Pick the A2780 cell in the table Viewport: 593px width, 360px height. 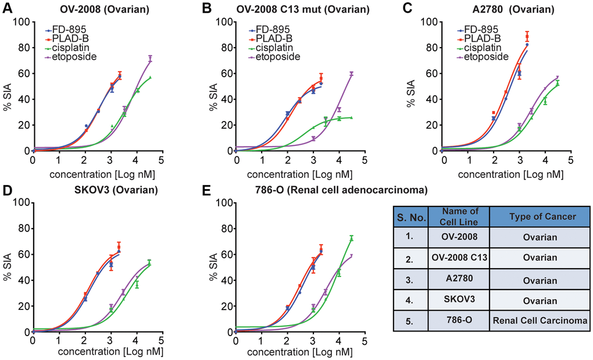coord(458,279)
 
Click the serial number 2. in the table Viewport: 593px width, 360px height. coord(410,259)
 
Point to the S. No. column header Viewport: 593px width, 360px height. coord(410,217)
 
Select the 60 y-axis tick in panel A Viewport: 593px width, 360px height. coord(24,73)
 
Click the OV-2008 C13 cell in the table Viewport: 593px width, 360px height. coord(458,259)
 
